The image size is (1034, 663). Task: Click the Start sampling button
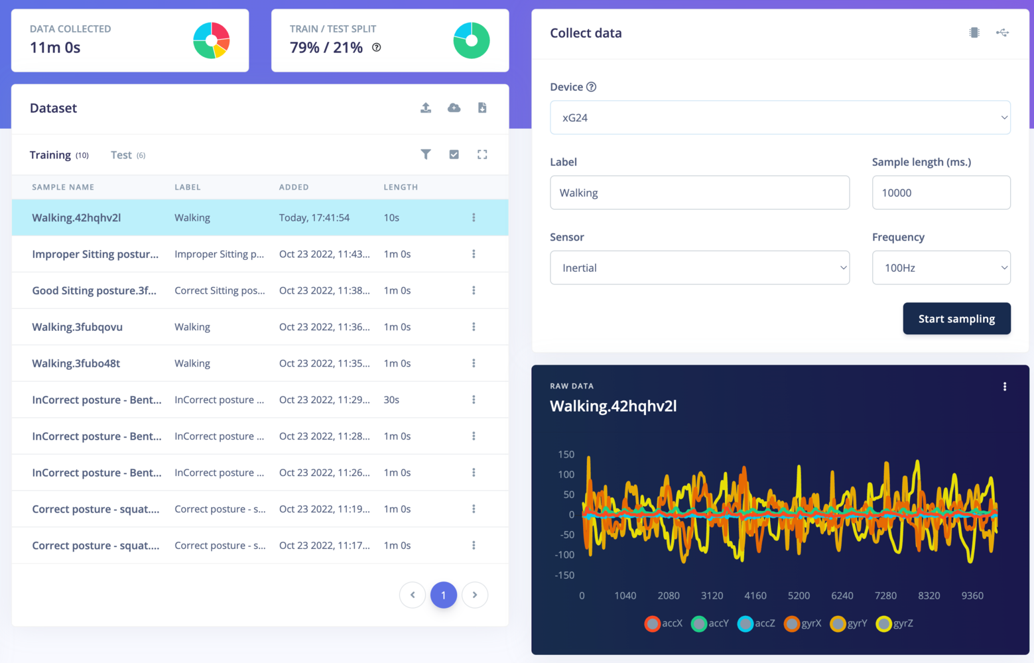956,319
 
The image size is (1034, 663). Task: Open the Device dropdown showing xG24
780,118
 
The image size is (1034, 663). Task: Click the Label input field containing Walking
699,193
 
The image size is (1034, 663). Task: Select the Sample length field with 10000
940,193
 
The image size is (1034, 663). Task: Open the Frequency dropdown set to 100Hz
940,268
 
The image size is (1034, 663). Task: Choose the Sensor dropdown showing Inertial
699,268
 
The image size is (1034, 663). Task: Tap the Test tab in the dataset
121,155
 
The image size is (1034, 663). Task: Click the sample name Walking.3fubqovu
78,327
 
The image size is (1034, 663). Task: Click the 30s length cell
391,400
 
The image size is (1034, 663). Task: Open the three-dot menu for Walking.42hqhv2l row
474,217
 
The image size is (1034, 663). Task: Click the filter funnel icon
426,154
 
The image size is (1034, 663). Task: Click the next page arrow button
475,595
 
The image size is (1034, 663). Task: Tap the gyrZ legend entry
895,623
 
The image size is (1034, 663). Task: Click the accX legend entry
664,623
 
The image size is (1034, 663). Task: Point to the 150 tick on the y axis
566,455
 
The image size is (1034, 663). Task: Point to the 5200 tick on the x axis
799,595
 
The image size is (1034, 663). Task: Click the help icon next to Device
591,87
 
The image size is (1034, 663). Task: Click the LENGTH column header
401,187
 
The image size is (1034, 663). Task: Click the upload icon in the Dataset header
426,108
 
